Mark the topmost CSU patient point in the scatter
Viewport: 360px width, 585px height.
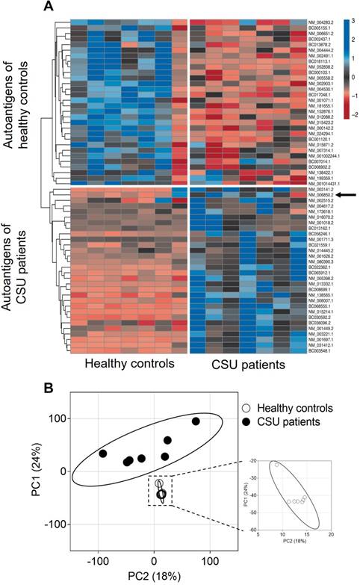pyautogui.click(x=196, y=421)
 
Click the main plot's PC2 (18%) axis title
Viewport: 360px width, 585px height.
pyautogui.click(x=154, y=576)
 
